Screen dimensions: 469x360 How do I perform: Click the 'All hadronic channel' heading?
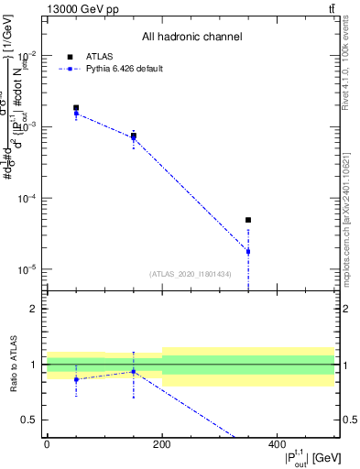(191, 38)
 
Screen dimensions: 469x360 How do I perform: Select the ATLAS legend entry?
(96, 56)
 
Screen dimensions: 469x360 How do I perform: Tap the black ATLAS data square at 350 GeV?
(248, 220)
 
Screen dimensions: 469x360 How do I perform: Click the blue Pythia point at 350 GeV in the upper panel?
(248, 251)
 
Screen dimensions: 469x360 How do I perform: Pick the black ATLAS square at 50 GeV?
(76, 108)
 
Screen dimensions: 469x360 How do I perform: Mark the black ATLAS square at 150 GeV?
(134, 136)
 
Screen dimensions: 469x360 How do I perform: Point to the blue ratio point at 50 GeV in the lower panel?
(76, 379)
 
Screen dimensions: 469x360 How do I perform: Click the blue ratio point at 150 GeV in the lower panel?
(134, 371)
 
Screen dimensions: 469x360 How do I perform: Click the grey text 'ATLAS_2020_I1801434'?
(191, 274)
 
